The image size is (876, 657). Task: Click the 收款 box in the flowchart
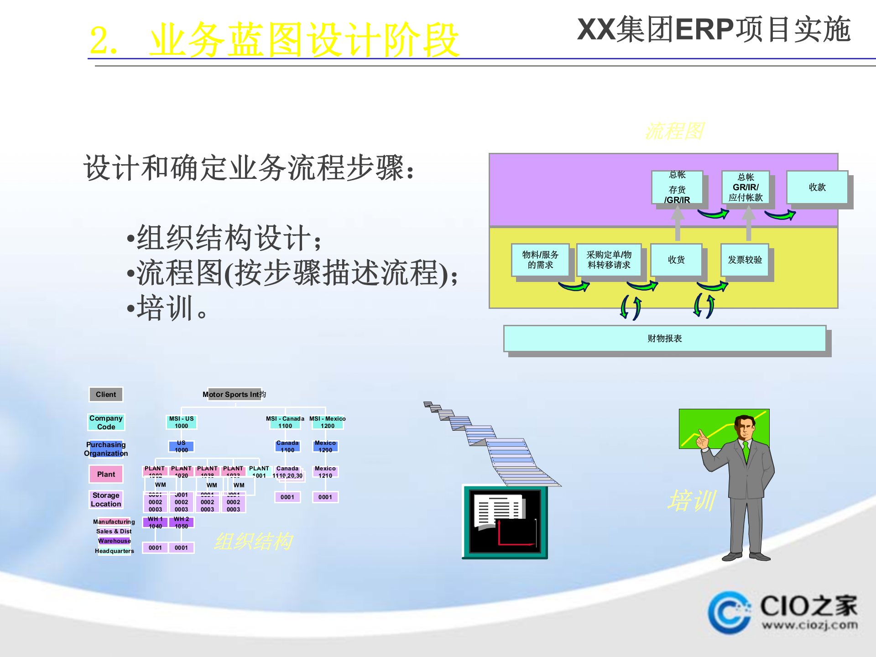tap(817, 187)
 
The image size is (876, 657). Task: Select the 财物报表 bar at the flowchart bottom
tap(664, 338)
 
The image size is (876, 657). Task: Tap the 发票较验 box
tap(745, 260)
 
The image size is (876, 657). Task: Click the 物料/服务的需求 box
tap(540, 260)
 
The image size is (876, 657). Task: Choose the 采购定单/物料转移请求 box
tap(609, 260)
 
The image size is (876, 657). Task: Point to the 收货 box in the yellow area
tap(676, 260)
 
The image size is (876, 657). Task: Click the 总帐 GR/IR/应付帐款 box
tap(746, 187)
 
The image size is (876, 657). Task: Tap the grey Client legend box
tap(106, 394)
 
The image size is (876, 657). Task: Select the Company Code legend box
tap(106, 422)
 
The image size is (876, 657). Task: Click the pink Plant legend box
tap(106, 474)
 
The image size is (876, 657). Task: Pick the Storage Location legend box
tap(106, 499)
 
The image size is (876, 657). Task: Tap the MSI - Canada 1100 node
tap(285, 422)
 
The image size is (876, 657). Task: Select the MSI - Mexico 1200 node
tap(327, 422)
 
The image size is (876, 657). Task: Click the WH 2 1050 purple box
tap(182, 522)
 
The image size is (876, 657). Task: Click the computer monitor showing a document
tap(505, 522)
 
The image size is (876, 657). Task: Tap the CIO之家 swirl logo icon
tap(729, 612)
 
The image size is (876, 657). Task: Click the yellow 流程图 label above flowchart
tap(674, 131)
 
